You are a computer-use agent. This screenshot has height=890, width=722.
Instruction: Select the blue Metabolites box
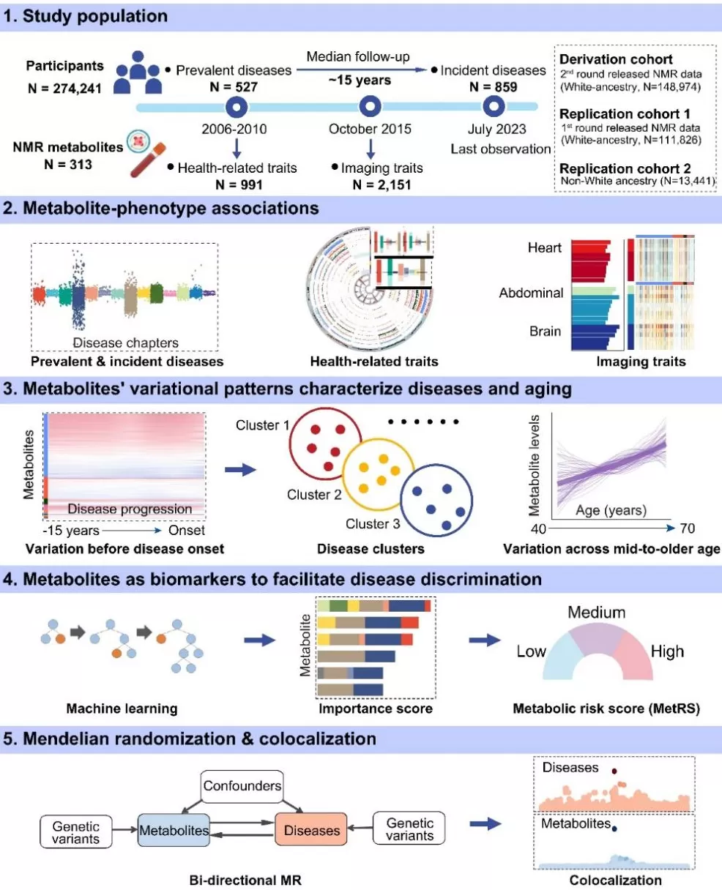click(174, 830)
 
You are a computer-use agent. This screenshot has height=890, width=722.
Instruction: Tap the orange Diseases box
click(310, 830)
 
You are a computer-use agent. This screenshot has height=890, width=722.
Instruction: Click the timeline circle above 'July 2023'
click(495, 108)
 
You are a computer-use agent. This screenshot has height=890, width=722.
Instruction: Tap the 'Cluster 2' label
click(314, 495)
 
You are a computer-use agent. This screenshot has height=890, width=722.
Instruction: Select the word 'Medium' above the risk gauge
click(597, 612)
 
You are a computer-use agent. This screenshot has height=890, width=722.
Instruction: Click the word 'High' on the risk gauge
click(666, 651)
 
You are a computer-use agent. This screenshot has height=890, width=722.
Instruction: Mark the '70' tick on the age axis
click(685, 528)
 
